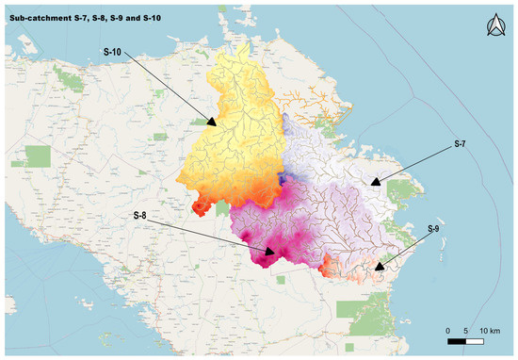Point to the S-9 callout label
coord(433,229)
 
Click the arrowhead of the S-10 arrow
coord(214,123)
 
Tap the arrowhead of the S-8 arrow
coord(276,254)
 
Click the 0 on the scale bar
coord(448,331)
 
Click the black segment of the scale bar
coord(457,341)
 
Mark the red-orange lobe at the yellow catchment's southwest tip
coord(201,205)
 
